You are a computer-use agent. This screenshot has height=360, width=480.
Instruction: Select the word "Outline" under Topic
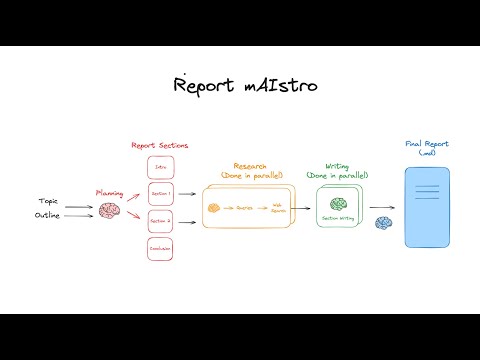tap(48, 215)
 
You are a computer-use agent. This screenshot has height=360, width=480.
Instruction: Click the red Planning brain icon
tap(108, 210)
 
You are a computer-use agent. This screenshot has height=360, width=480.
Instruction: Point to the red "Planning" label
tap(109, 191)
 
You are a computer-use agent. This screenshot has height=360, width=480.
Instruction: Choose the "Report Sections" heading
tap(161, 146)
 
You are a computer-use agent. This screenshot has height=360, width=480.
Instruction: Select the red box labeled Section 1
tap(162, 194)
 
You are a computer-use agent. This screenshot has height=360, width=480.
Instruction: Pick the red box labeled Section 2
tap(162, 221)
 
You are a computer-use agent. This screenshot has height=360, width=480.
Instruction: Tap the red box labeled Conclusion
tap(162, 248)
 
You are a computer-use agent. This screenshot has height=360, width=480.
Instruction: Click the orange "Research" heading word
tap(251, 165)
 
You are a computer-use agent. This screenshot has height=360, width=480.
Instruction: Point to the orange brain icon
tap(213, 208)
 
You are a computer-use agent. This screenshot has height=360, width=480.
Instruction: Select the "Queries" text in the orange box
tap(244, 209)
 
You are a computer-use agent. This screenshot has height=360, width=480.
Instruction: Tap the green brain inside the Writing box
tap(338, 203)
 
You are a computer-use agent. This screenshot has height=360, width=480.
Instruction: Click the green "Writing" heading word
tap(339, 166)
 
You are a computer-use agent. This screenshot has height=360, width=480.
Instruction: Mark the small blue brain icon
tap(382, 222)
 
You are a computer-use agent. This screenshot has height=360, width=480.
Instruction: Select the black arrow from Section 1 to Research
tap(187, 194)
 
